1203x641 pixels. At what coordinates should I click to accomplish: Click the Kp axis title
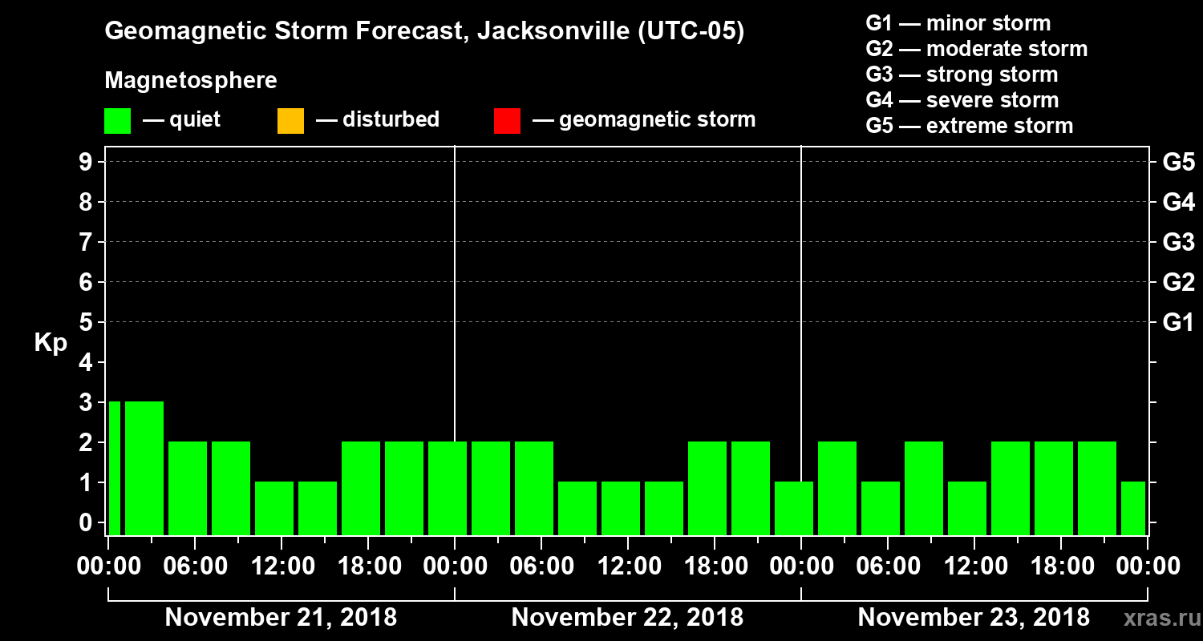[x=51, y=342]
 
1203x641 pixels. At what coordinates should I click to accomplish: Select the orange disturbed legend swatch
[x=290, y=121]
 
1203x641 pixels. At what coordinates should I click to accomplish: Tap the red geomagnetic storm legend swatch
[x=507, y=121]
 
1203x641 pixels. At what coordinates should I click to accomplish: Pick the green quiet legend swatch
[x=117, y=121]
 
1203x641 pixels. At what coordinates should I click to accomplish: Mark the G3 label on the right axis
[x=1178, y=242]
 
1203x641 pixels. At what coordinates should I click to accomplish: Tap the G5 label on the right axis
[x=1178, y=162]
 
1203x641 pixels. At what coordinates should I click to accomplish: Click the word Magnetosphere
[x=191, y=81]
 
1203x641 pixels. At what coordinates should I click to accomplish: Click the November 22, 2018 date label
[x=627, y=618]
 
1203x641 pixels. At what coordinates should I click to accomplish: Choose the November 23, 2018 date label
[x=974, y=618]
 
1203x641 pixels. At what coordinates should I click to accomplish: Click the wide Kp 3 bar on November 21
[x=144, y=468]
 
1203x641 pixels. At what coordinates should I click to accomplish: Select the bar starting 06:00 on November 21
[x=188, y=488]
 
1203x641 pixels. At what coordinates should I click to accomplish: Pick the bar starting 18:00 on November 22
[x=707, y=488]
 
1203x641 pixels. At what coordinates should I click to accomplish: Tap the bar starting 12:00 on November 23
[x=967, y=508]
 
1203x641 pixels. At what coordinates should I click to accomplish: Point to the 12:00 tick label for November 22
[x=628, y=566]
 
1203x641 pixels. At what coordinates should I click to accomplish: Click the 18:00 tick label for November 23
[x=1061, y=566]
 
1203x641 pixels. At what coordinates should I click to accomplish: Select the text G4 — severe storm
[x=962, y=100]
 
